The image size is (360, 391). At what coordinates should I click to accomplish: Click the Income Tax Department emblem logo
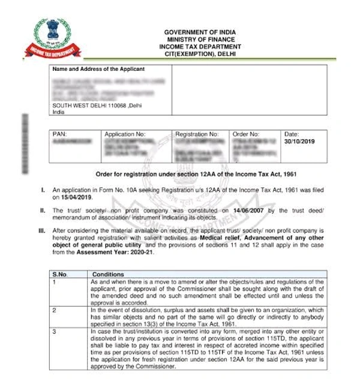pos(49,37)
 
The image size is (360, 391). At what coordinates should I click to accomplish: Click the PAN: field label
pos(60,134)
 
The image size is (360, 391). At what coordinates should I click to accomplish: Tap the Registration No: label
pos(197,134)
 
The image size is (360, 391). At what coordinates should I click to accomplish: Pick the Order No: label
pos(246,134)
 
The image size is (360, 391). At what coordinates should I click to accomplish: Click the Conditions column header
pos(108,274)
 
